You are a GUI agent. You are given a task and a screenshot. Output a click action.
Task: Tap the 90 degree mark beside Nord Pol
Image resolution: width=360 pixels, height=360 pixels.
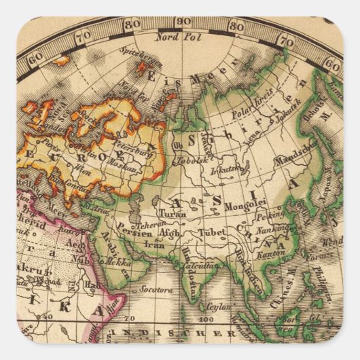pos(183,21)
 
